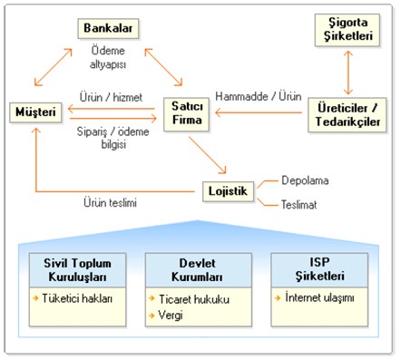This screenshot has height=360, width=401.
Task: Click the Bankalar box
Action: (107, 29)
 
